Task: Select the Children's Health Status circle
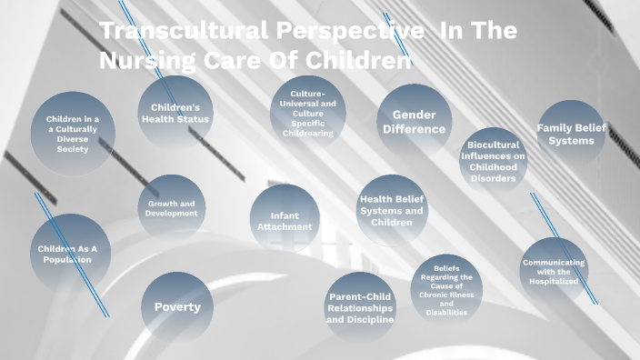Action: (175, 113)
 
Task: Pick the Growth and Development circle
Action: (171, 209)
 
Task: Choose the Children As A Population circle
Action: (71, 254)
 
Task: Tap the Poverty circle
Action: (177, 306)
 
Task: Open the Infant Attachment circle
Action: (285, 221)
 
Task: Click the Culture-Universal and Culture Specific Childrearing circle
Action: (307, 113)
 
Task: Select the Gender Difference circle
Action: (414, 122)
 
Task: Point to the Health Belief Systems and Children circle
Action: (392, 210)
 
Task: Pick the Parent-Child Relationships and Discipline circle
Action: (360, 307)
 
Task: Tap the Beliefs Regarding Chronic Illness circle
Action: (445, 290)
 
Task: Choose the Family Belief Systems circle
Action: (571, 133)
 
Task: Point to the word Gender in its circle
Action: (414, 115)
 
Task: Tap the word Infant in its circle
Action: (285, 215)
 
